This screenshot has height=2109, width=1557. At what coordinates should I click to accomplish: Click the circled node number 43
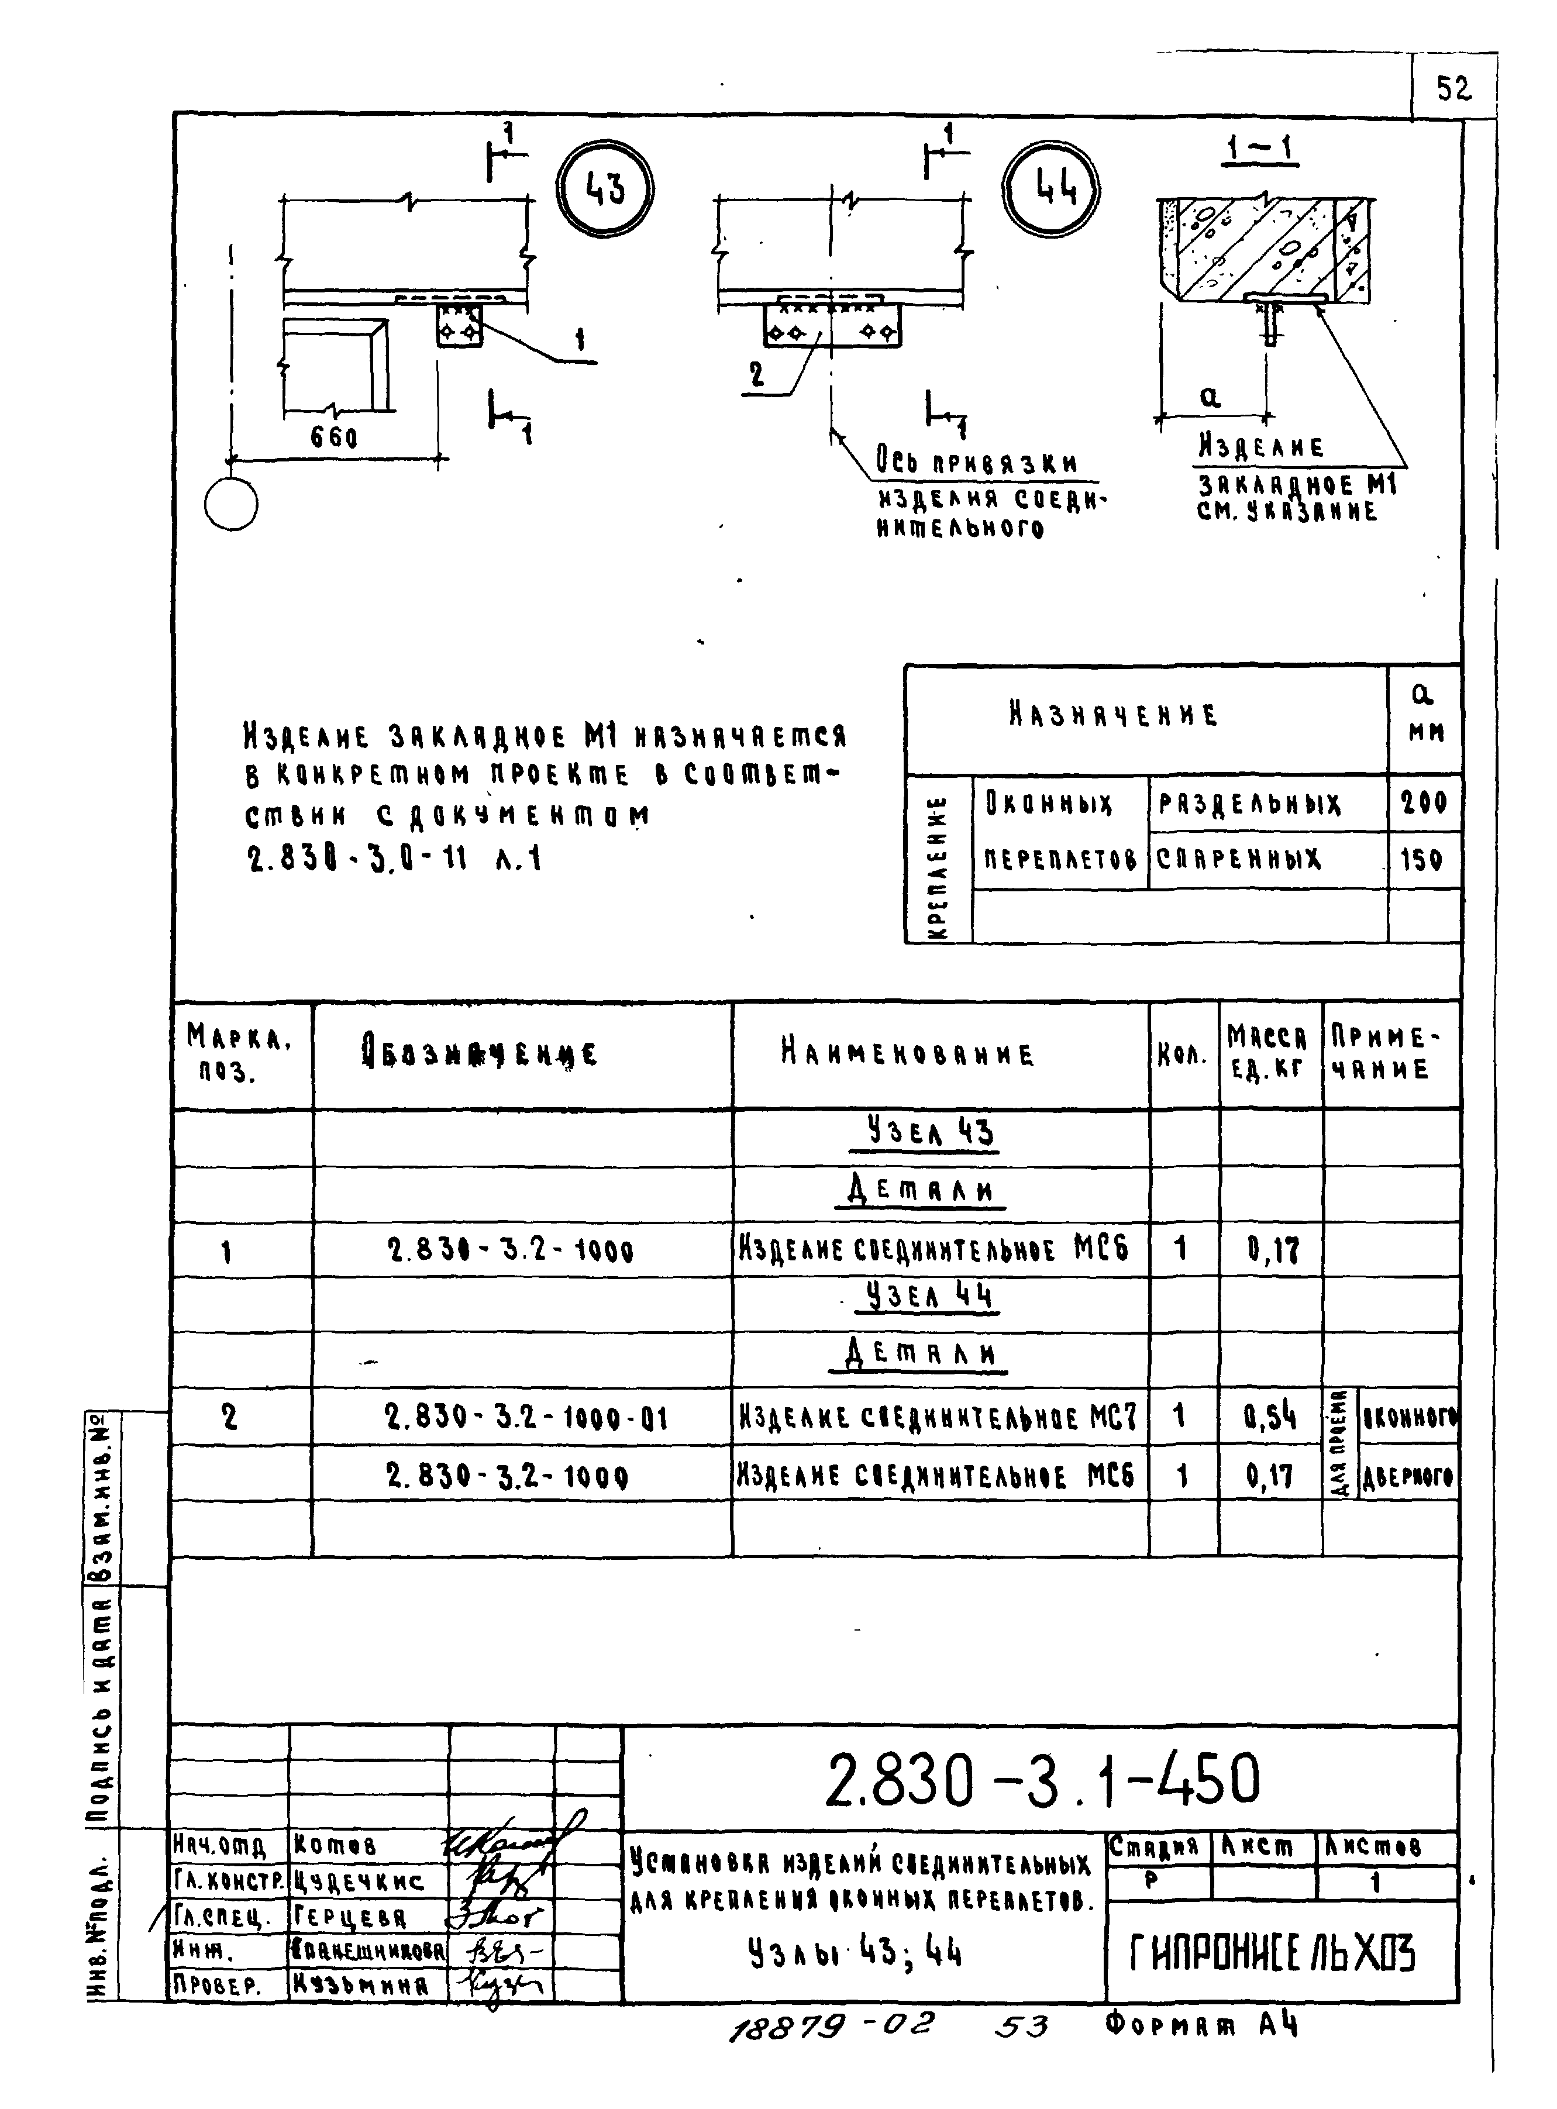604,188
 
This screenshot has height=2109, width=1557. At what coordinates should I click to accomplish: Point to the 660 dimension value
333,438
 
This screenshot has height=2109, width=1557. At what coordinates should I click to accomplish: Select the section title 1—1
1260,149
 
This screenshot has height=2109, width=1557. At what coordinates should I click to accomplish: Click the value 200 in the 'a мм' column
1423,803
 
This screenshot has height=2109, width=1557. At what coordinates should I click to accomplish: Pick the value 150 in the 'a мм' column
1421,859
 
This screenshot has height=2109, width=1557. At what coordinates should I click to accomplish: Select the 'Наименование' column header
907,1053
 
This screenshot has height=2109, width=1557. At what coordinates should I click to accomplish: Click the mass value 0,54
1270,1417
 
